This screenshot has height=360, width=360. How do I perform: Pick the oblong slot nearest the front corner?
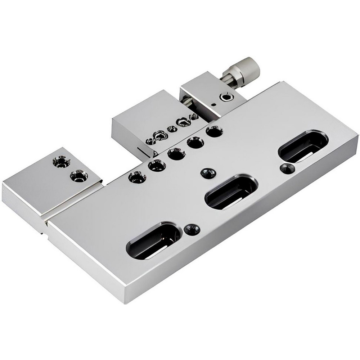point(153,240)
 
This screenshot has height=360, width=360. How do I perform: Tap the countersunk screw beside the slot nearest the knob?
point(287,168)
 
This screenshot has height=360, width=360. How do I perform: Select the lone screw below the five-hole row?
point(208,173)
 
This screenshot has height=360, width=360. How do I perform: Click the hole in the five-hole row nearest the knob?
point(214,131)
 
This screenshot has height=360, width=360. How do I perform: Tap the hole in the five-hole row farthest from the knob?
point(137,177)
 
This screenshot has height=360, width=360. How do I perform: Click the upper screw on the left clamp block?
point(62,161)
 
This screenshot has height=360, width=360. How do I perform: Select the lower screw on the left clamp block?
point(79,176)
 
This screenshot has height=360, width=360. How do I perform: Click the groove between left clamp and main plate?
point(74,202)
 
